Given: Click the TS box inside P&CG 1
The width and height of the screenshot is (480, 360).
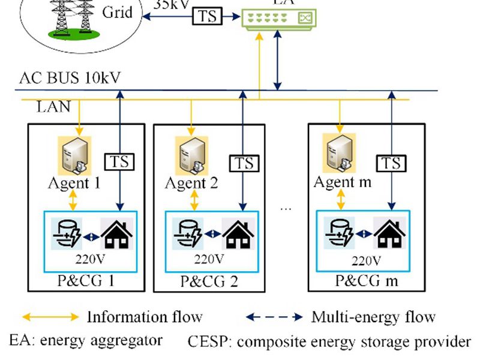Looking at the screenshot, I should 120,161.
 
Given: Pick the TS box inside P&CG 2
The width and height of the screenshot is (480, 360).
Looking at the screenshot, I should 244,163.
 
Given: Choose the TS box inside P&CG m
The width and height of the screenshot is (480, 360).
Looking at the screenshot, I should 391,163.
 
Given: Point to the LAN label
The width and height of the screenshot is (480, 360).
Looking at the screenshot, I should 53,107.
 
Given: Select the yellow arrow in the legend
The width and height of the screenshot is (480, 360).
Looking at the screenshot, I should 50,316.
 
